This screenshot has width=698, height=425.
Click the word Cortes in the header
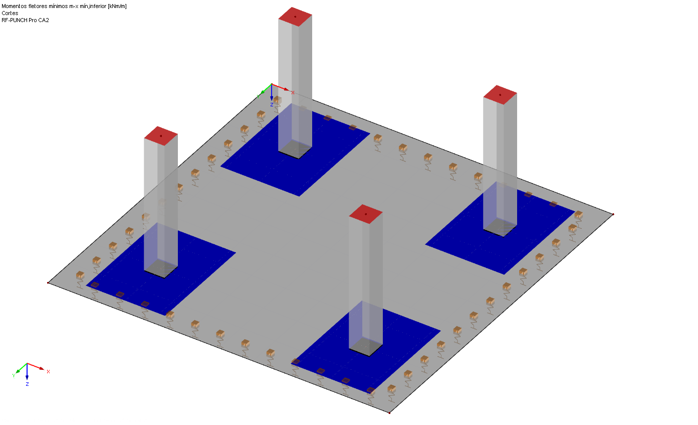(x=10, y=13)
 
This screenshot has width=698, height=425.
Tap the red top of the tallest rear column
(x=295, y=17)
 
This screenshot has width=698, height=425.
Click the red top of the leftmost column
(x=161, y=136)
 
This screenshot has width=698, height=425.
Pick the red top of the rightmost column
(x=500, y=95)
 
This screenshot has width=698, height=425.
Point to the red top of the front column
(x=366, y=214)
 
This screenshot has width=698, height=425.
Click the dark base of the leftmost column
(x=161, y=268)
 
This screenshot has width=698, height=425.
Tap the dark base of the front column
(x=366, y=347)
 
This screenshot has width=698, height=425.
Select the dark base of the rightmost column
(x=500, y=227)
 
